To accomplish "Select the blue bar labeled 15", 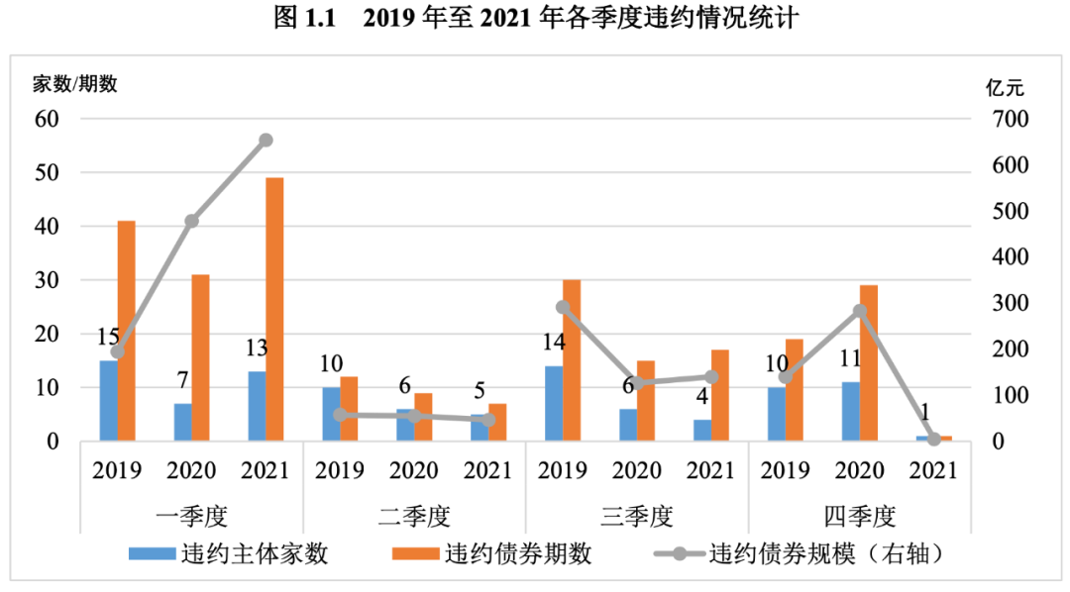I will click(x=108, y=400).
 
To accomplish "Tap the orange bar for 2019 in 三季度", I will click(x=572, y=360).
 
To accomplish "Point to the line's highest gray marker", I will click(x=266, y=141).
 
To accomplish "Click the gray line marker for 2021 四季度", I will click(x=934, y=439).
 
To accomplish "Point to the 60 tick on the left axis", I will click(x=48, y=119).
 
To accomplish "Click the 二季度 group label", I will click(x=414, y=516).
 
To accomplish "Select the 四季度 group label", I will click(x=859, y=516).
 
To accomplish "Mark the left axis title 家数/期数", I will click(x=75, y=84).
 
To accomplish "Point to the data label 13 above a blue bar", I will click(x=256, y=348).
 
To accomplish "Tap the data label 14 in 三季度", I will click(x=553, y=344).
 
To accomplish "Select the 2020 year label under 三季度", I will click(x=637, y=470).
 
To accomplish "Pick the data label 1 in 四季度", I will click(x=924, y=411).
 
